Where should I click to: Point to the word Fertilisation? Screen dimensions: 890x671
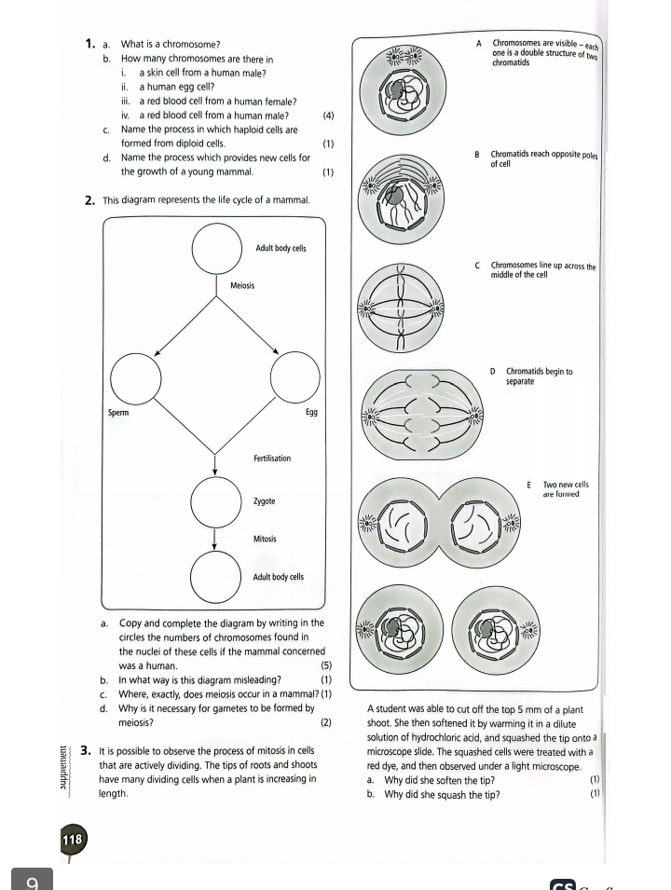pyautogui.click(x=271, y=459)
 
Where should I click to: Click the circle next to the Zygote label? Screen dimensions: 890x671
pyautogui.click(x=215, y=502)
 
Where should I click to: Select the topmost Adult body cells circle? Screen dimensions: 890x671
pyautogui.click(x=215, y=249)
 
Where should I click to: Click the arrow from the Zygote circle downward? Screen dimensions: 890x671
pyautogui.click(x=215, y=540)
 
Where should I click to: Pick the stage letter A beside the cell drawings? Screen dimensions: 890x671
pyautogui.click(x=479, y=43)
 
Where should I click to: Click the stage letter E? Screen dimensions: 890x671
pyautogui.click(x=528, y=485)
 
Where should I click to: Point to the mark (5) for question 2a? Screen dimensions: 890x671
pyautogui.click(x=325, y=666)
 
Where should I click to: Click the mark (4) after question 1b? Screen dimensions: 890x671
pyautogui.click(x=327, y=116)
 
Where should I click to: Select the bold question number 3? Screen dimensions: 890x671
pyautogui.click(x=85, y=749)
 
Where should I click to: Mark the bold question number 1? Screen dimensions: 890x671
pyautogui.click(x=89, y=44)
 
